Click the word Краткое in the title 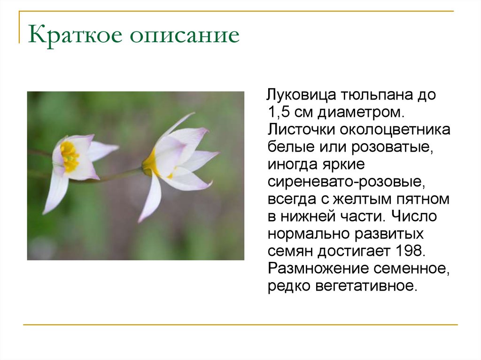pos(75,36)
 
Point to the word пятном pos(426,199)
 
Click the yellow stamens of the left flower pos(70,156)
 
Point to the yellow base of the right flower pos(150,164)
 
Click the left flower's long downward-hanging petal pos(56,192)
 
